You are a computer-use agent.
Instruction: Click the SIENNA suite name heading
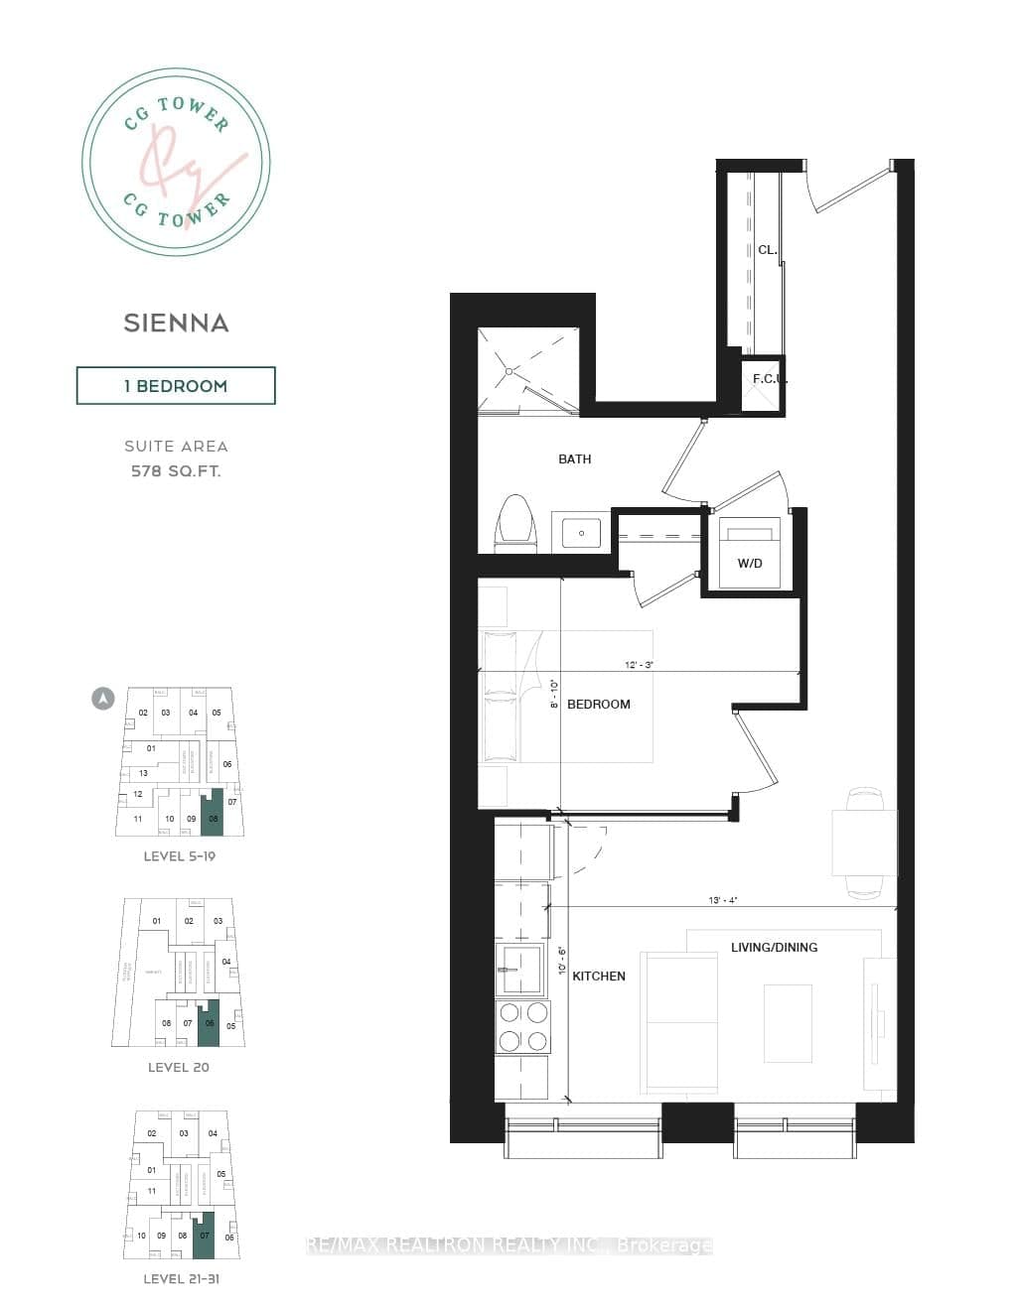pyautogui.click(x=176, y=323)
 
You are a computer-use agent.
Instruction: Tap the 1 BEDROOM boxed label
pyautogui.click(x=176, y=386)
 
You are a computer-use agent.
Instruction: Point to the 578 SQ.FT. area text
pyautogui.click(x=176, y=471)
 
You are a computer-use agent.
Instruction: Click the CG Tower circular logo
pyautogui.click(x=176, y=162)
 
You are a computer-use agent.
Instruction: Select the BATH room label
pyautogui.click(x=574, y=459)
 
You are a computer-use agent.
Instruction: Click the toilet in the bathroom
pyautogui.click(x=514, y=522)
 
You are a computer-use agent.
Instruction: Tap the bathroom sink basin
pyautogui.click(x=582, y=533)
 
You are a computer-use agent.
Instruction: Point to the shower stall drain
pyautogui.click(x=510, y=371)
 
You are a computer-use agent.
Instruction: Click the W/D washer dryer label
pyautogui.click(x=750, y=564)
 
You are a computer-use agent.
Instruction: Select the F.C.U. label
pyautogui.click(x=770, y=379)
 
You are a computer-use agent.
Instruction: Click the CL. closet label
pyautogui.click(x=767, y=250)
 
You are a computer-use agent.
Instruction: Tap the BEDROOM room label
pyautogui.click(x=598, y=705)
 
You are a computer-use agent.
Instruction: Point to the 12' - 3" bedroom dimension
pyautogui.click(x=639, y=665)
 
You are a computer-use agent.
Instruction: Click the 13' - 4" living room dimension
pyautogui.click(x=722, y=900)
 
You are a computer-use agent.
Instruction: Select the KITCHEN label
pyautogui.click(x=599, y=977)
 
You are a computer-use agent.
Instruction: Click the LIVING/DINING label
pyautogui.click(x=774, y=948)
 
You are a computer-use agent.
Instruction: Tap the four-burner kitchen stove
pyautogui.click(x=522, y=1026)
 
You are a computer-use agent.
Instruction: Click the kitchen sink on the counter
pyautogui.click(x=518, y=970)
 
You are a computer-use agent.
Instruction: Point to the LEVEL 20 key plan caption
pyautogui.click(x=178, y=1068)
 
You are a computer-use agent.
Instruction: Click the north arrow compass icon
pyautogui.click(x=102, y=699)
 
